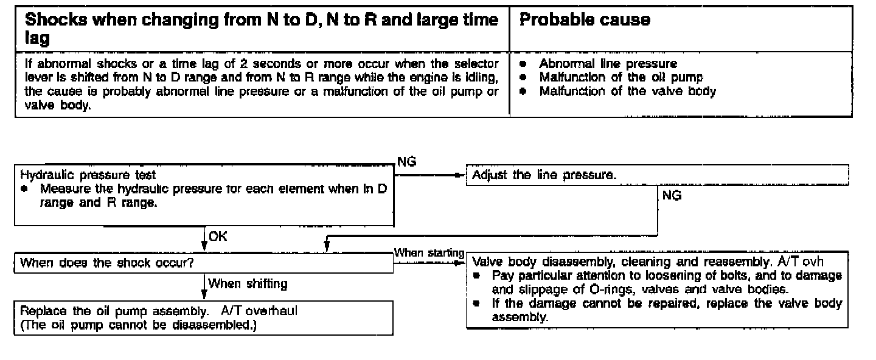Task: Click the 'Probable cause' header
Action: click(585, 20)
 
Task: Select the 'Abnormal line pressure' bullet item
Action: click(608, 64)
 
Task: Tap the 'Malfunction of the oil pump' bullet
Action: click(620, 77)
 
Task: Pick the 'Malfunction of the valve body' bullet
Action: click(627, 91)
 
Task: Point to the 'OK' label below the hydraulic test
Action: click(217, 237)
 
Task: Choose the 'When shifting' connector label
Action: click(248, 283)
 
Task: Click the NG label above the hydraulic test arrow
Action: click(406, 161)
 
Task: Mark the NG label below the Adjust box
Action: click(671, 196)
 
